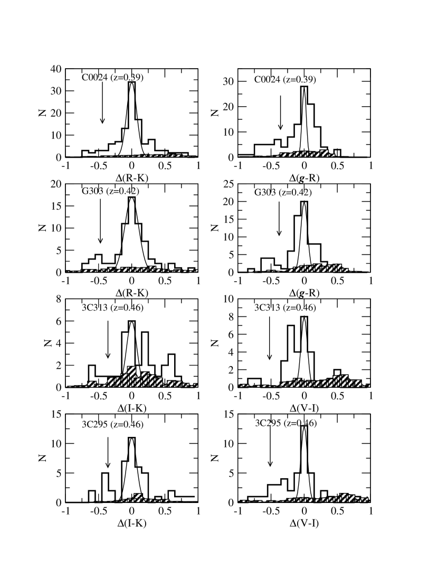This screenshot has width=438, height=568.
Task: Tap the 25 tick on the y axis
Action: (x=228, y=184)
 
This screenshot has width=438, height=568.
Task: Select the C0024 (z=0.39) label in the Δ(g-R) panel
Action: (x=285, y=80)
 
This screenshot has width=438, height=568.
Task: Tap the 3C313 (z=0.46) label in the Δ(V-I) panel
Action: (x=285, y=308)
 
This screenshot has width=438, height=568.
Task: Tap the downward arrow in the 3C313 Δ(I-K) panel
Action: (x=108, y=337)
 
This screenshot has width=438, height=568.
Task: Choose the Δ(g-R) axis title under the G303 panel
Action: (x=304, y=284)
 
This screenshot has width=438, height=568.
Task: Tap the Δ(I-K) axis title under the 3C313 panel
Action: (x=132, y=398)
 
